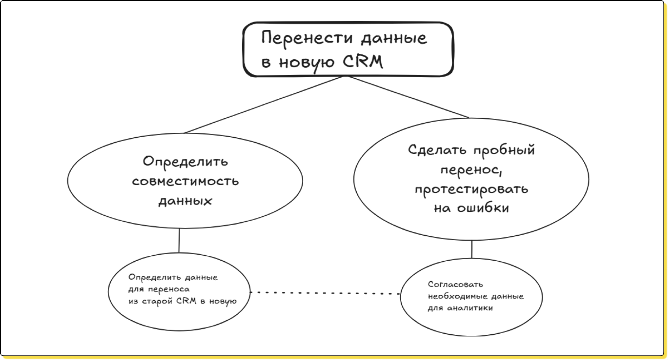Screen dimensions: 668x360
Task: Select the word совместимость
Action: point(185,181)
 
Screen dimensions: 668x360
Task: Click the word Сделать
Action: point(437,150)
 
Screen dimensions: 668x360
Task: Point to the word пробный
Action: point(504,150)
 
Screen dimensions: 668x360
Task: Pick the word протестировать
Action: point(471,189)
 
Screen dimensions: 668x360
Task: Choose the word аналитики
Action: point(470,308)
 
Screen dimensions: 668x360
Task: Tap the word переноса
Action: point(169,290)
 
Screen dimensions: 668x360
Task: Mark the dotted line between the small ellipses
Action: point(325,293)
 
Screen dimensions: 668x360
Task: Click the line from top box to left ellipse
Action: point(264,104)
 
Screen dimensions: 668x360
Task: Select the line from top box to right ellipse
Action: point(408,97)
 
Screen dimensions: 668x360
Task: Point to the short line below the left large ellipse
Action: point(179,241)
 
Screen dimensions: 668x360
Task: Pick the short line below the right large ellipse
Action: point(472,249)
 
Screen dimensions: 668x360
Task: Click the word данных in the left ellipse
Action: point(185,201)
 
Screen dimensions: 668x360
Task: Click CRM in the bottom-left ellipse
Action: point(186,301)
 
